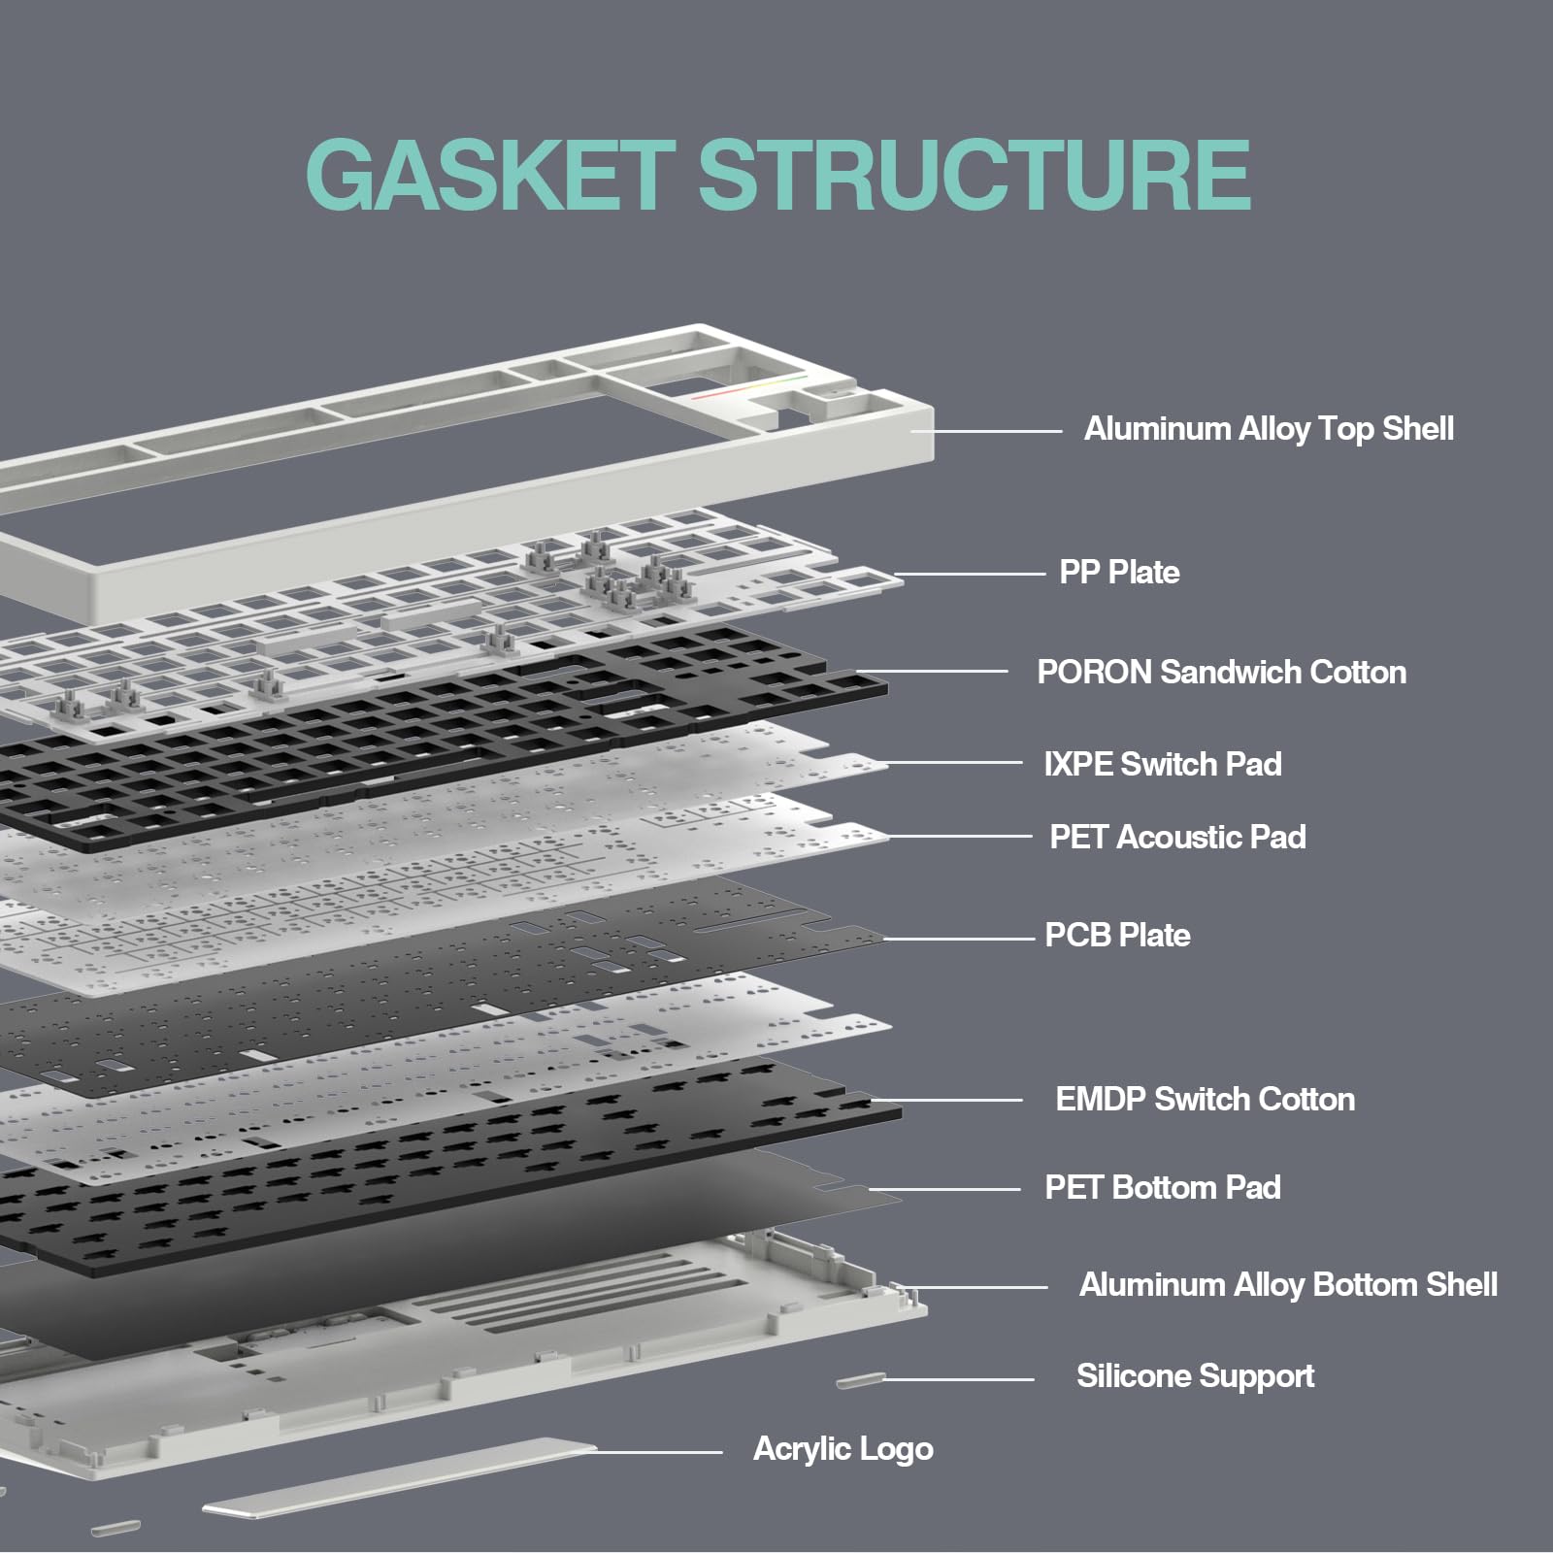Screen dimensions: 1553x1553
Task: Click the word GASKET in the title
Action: pos(489,175)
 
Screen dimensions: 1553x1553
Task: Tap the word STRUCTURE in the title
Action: pos(974,175)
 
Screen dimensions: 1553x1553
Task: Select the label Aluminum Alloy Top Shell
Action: pos(1268,429)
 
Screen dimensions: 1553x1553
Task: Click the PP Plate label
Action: pos(1119,572)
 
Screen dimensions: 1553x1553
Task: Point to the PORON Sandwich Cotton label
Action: pos(1221,672)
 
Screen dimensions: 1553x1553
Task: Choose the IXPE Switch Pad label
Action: pos(1162,764)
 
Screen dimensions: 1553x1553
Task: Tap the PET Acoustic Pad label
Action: pos(1176,837)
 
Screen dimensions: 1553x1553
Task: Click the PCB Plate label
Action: pos(1117,935)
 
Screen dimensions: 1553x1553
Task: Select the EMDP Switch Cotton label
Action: pos(1205,1099)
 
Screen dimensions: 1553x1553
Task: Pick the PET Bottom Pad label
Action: pos(1162,1187)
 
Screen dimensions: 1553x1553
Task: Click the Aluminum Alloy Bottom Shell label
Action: pos(1287,1285)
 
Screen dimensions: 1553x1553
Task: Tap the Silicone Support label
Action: pos(1194,1375)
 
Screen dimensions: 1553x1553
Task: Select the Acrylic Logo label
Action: pos(843,1448)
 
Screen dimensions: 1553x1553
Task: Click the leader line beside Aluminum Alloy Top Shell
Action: pos(990,430)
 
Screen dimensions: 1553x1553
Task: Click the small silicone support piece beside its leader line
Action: pos(860,1379)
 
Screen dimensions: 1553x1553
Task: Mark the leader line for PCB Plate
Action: pos(961,939)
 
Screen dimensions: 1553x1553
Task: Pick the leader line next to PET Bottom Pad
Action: pos(946,1189)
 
